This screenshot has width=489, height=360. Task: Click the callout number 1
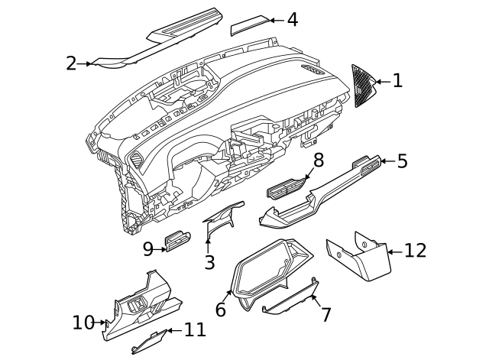click(397, 80)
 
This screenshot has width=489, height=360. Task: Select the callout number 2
click(71, 63)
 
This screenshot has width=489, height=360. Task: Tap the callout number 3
click(209, 262)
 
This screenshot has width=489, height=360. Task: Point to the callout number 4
click(292, 20)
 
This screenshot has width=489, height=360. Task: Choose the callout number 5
click(402, 161)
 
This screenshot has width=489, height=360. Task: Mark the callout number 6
click(221, 310)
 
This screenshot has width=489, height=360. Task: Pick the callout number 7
click(325, 314)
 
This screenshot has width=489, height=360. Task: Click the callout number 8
click(319, 160)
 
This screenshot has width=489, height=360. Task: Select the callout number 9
click(148, 248)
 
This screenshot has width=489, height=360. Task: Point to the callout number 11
click(195, 330)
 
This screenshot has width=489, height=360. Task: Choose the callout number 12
click(415, 251)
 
